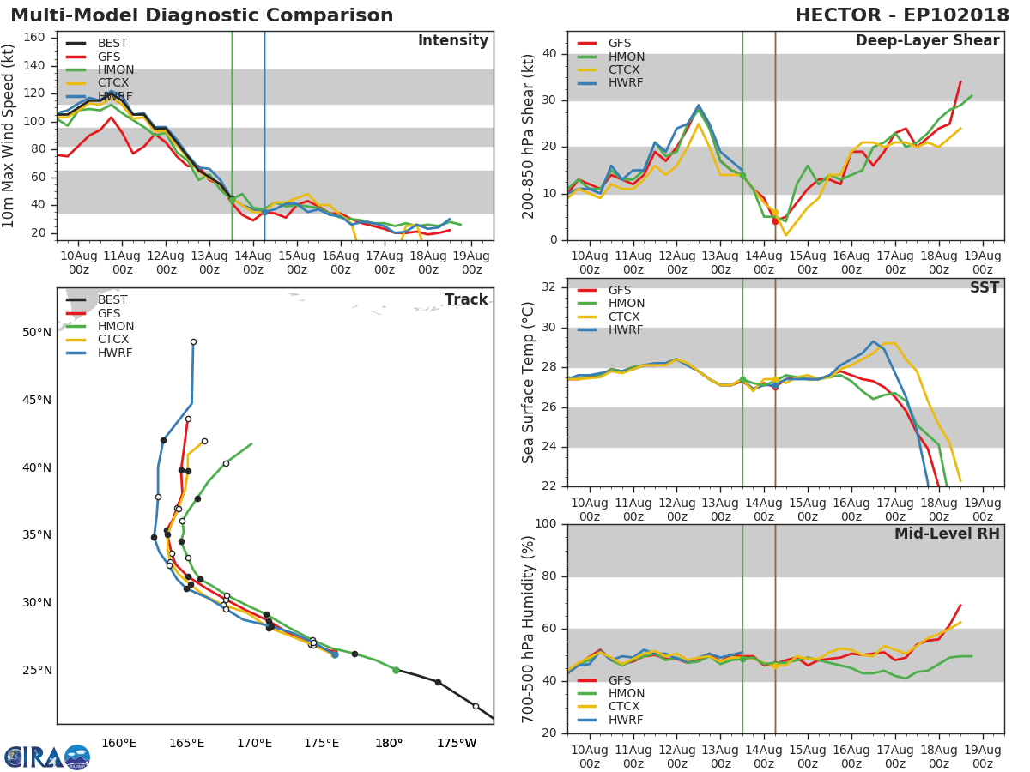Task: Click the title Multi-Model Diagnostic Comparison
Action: [202, 15]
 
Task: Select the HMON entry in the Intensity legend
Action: [115, 69]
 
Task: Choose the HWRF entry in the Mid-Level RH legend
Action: [625, 720]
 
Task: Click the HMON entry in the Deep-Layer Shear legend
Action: [627, 57]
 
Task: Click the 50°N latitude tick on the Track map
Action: [36, 332]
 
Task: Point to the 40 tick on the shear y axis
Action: [549, 54]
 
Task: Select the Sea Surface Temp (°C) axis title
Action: [529, 383]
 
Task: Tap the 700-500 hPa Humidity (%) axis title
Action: [529, 629]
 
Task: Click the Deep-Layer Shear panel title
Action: [927, 41]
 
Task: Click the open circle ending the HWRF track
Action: [193, 342]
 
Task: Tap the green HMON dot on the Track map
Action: [396, 670]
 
